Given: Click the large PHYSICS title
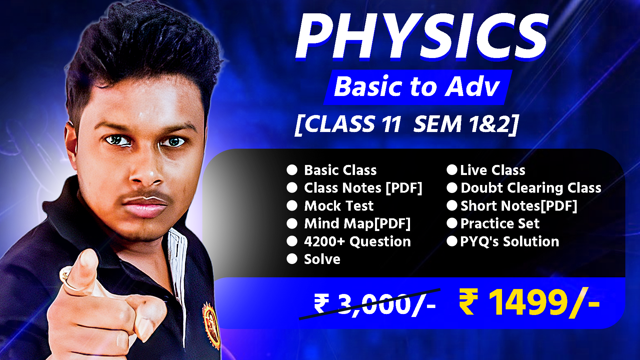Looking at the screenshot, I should pos(422,37).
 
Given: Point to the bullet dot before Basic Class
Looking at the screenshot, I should pos(292,170).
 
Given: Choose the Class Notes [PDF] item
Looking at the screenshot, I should pos(363,188).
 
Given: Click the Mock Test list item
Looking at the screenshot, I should pos(339,206).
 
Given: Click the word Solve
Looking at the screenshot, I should pos(322,259).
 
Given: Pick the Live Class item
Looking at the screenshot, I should pos(492,170).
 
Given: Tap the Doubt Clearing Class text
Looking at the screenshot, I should pos(531,188).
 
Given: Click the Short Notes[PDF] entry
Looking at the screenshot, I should pos(519,206).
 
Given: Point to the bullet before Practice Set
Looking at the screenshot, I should pos(452,223).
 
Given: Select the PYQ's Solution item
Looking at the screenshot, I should pos(509,242).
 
